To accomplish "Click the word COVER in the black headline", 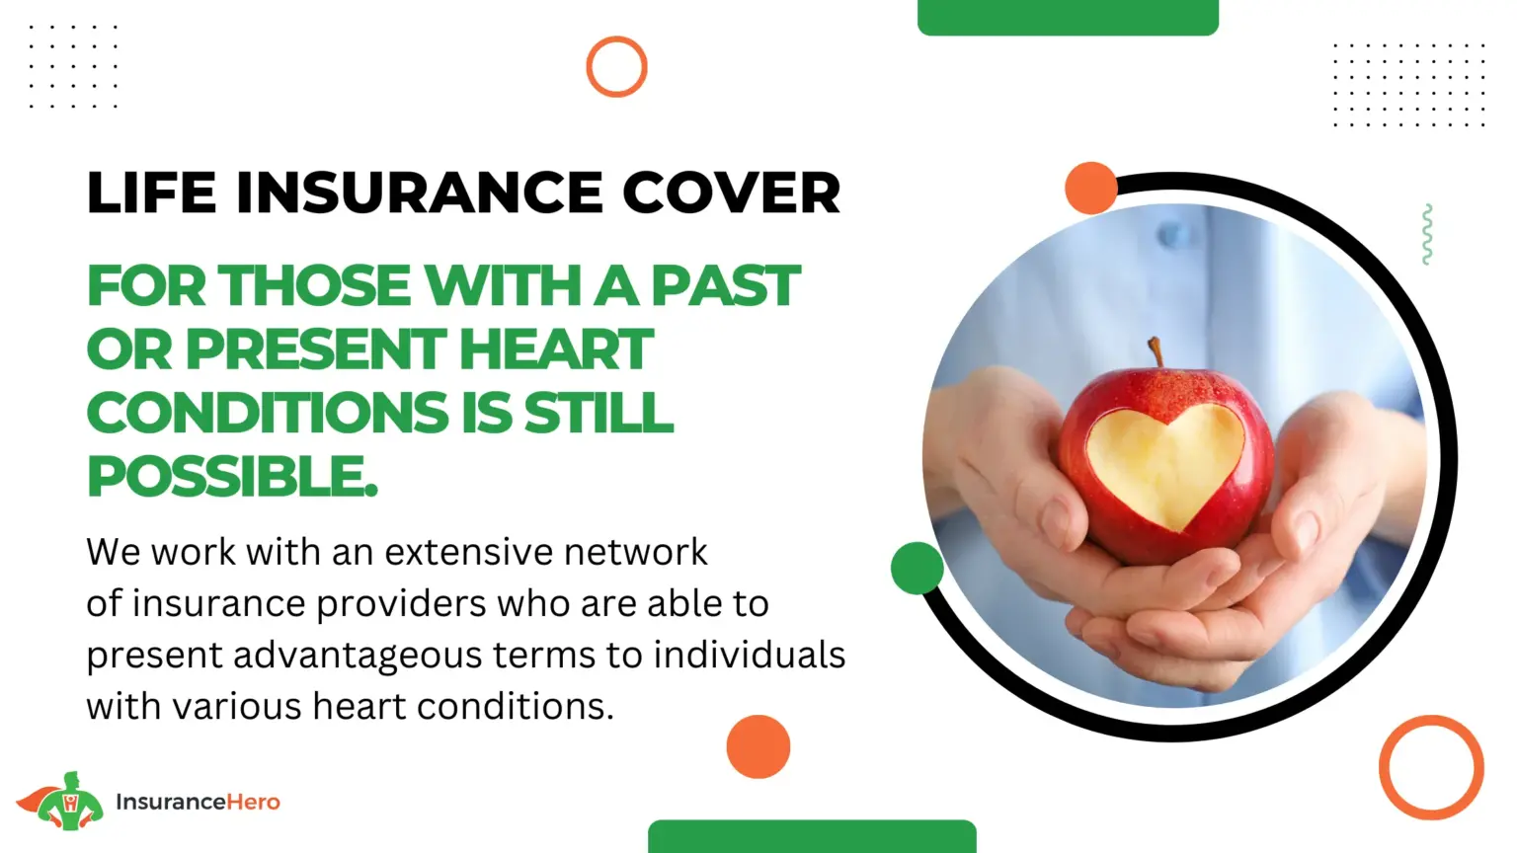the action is [732, 193].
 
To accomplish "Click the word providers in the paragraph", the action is [401, 604].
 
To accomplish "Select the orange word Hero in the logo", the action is [253, 803].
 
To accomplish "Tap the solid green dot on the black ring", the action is [917, 568].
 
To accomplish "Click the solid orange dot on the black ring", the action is [1091, 189].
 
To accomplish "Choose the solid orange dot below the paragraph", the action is [758, 746].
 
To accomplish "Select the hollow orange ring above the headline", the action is [589, 66].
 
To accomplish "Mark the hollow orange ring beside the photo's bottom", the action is [1383, 768].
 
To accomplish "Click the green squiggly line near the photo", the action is [1427, 234].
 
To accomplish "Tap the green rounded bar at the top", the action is [1068, 17].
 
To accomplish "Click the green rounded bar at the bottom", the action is [812, 837].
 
